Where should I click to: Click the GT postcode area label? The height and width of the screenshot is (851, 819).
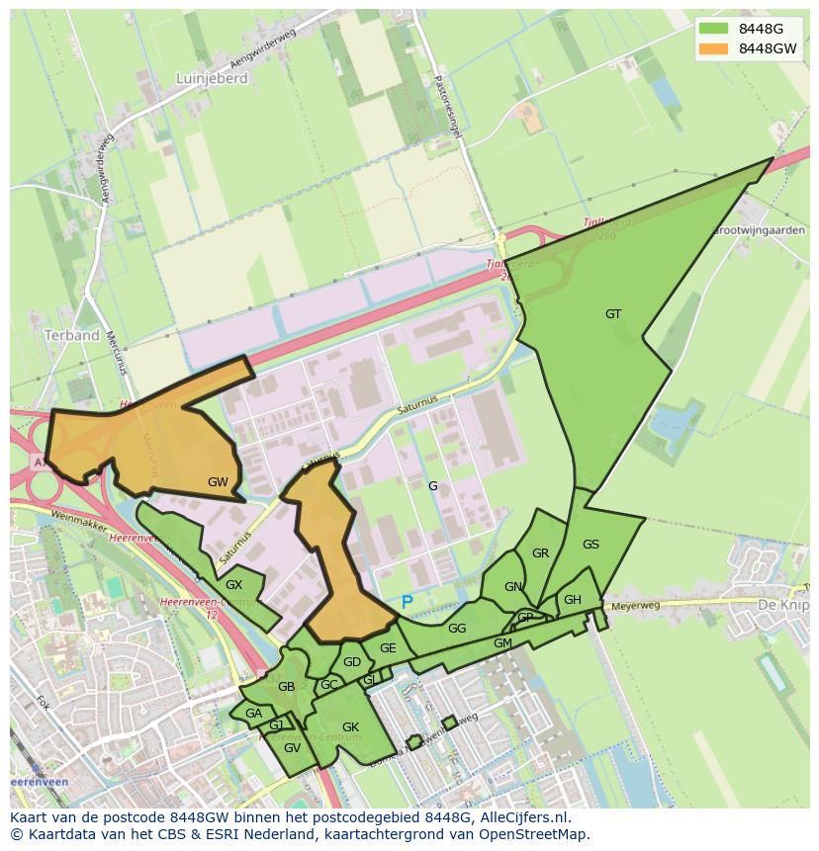click(613, 314)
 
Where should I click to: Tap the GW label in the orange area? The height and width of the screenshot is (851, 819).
click(218, 482)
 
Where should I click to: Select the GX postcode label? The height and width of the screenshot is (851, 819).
click(233, 585)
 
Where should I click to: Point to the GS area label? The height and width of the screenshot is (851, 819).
click(591, 545)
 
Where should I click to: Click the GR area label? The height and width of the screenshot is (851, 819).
click(540, 553)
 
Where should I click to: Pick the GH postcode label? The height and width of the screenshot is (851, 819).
click(572, 600)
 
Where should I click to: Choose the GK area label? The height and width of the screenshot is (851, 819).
click(350, 727)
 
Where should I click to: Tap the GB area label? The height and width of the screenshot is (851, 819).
click(286, 687)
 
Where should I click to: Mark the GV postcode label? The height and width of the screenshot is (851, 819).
click(292, 748)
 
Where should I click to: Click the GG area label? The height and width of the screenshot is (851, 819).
click(456, 629)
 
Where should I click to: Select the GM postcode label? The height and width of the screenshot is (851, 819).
click(502, 643)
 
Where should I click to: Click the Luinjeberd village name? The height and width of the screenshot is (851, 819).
click(211, 79)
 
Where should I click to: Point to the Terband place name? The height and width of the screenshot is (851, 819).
click(72, 335)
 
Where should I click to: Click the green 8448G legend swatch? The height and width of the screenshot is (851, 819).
click(712, 28)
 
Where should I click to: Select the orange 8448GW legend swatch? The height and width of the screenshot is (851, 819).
click(712, 47)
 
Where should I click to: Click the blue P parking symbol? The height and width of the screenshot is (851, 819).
click(407, 602)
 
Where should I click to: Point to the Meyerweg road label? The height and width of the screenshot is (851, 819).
click(635, 605)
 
